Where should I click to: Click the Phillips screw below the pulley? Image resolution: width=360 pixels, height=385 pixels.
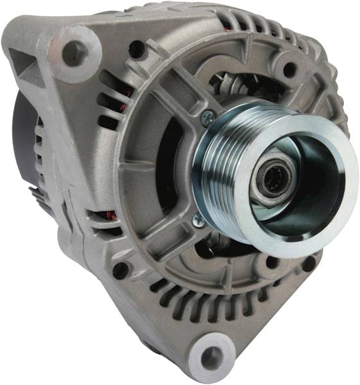pos(198,219)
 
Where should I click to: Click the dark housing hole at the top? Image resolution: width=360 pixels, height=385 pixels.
pos(137,49)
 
